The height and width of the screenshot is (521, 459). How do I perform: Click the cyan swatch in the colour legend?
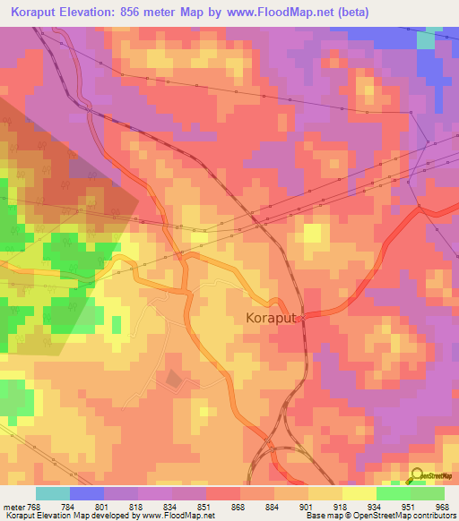click(x=53, y=493)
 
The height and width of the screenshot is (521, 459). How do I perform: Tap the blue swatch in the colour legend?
click(x=87, y=493)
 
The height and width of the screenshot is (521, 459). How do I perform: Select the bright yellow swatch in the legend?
click(x=359, y=493)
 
